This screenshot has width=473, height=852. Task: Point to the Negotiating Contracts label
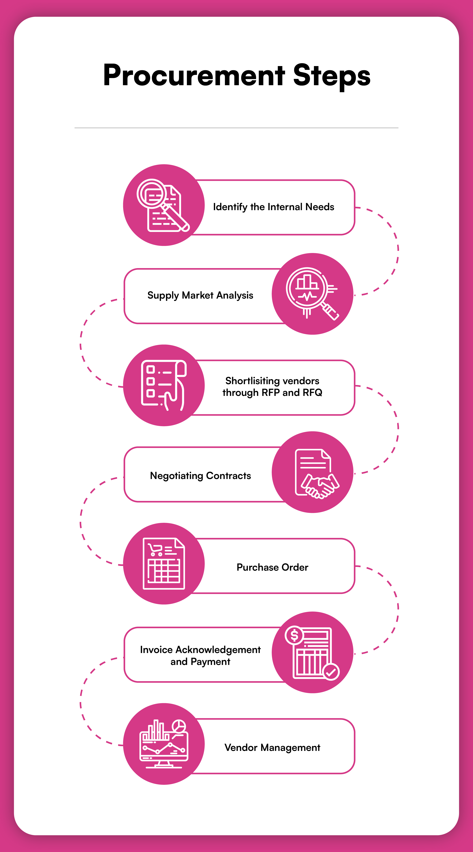(200, 476)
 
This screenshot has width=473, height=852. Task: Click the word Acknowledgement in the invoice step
(218, 650)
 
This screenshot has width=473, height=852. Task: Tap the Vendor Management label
(272, 747)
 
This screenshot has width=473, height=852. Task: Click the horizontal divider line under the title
(236, 128)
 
